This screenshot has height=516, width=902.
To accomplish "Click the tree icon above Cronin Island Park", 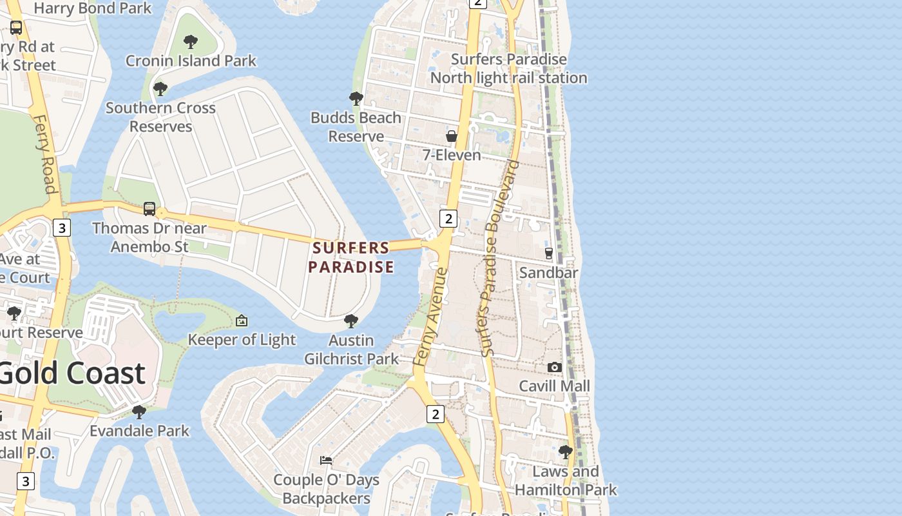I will pyautogui.click(x=190, y=43).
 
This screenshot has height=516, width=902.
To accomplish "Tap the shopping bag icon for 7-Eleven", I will pyautogui.click(x=452, y=136).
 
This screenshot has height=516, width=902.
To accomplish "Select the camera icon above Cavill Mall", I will pyautogui.click(x=554, y=367).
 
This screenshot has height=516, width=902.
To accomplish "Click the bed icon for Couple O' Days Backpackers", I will pyautogui.click(x=326, y=461).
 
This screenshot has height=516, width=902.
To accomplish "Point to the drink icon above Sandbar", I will pyautogui.click(x=549, y=253).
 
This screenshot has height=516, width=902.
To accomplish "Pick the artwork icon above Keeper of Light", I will pyautogui.click(x=242, y=321).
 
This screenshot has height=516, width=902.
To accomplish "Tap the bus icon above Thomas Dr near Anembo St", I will pyautogui.click(x=149, y=209).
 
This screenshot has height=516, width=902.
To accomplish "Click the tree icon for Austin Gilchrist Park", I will pyautogui.click(x=351, y=321).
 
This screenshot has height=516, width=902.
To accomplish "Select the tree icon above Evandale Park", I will pyautogui.click(x=139, y=412).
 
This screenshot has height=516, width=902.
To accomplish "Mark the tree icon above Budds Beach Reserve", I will pyautogui.click(x=356, y=99).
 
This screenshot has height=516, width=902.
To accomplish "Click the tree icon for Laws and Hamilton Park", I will pyautogui.click(x=566, y=452).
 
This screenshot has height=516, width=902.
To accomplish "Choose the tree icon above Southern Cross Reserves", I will pyautogui.click(x=160, y=89).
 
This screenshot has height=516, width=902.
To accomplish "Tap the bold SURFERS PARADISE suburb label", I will pyautogui.click(x=351, y=257).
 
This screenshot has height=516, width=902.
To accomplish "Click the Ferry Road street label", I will pyautogui.click(x=44, y=154).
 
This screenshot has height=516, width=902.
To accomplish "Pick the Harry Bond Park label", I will pyautogui.click(x=93, y=8).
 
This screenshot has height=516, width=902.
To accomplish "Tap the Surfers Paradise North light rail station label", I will pyautogui.click(x=508, y=68).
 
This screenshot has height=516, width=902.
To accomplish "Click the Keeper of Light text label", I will pyautogui.click(x=242, y=340).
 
